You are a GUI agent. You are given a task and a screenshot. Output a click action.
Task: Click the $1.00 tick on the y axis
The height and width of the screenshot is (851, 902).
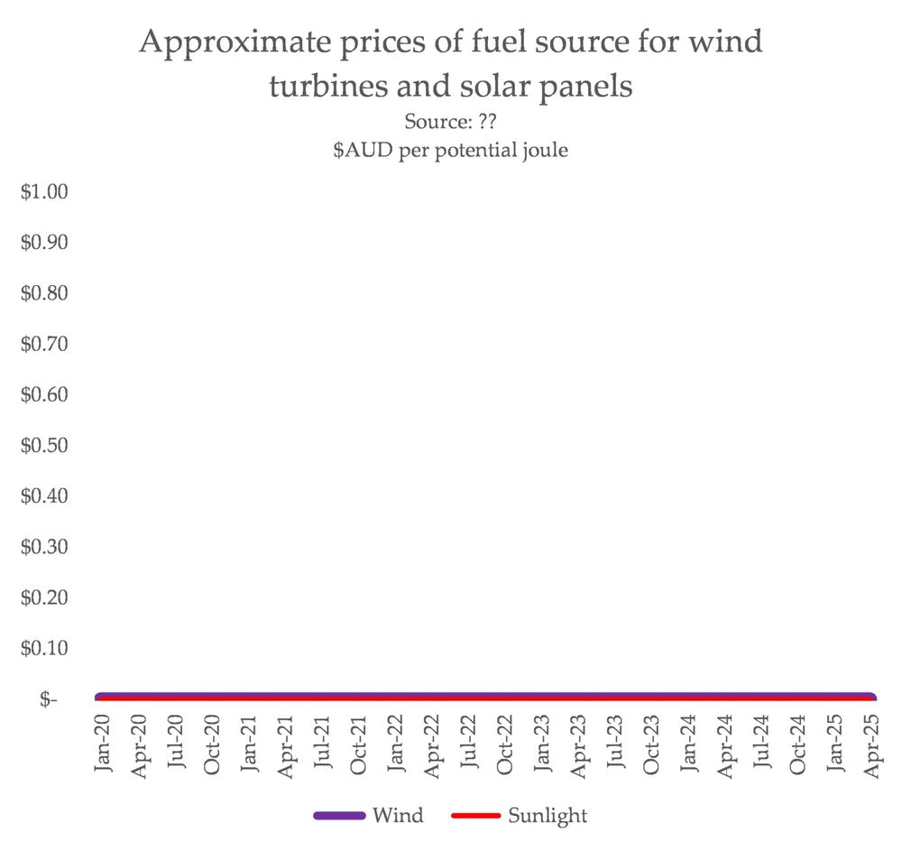tap(45, 192)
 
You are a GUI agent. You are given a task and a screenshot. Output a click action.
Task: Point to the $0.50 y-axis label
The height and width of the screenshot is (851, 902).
tap(45, 446)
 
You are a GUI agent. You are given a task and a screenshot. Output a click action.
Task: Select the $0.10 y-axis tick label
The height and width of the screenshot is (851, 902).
tap(45, 648)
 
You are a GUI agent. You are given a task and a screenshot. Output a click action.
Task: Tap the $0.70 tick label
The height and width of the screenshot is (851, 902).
tap(45, 344)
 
